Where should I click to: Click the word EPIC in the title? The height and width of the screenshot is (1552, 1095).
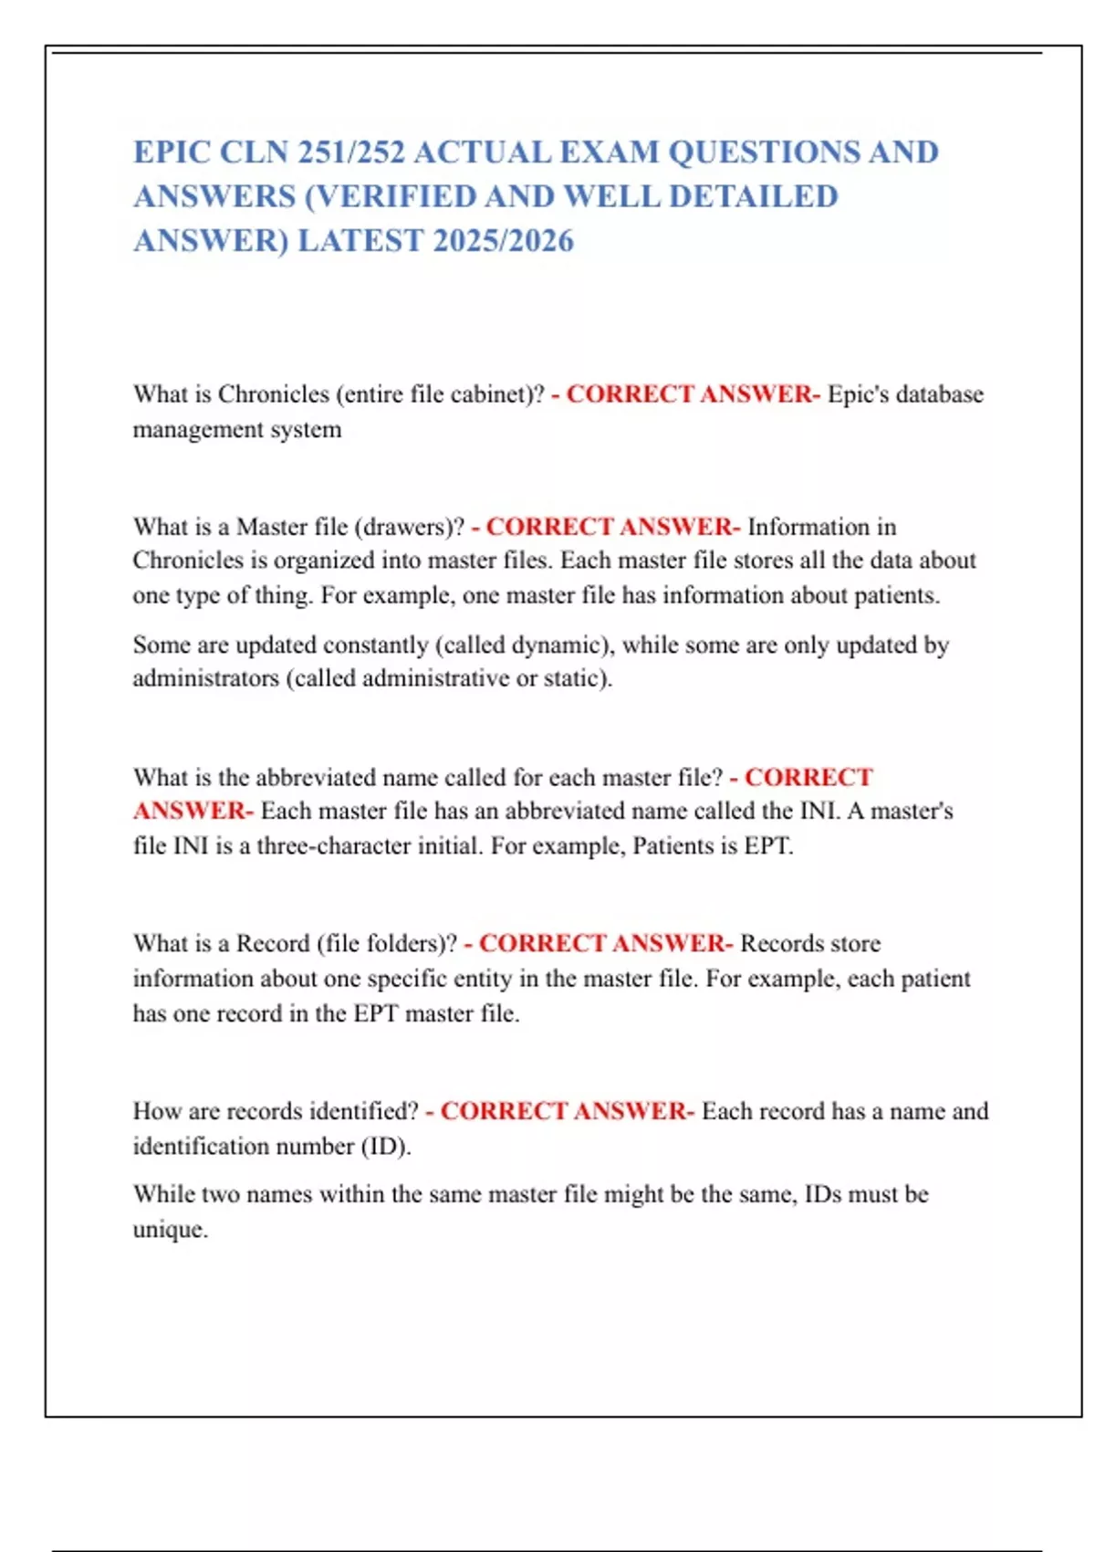pos(170,152)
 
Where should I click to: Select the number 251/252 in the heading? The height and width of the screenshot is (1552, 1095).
pos(351,152)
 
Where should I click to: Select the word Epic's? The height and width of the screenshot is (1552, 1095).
pos(858,394)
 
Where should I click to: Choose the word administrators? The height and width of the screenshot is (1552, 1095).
pos(205,678)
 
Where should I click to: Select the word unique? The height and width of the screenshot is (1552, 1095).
pos(170,1229)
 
